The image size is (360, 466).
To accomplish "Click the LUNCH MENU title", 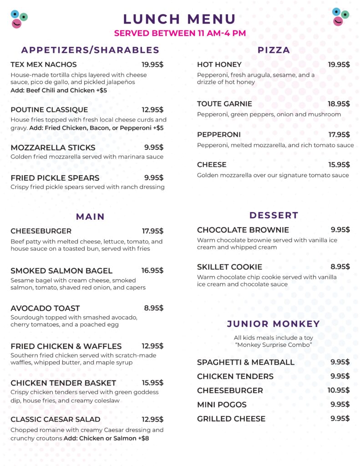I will click(180, 19).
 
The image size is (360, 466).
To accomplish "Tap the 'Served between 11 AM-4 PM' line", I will click(180, 33).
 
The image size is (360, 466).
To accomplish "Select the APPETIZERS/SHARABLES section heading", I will click(90, 50).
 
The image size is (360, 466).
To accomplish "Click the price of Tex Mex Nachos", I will click(152, 65).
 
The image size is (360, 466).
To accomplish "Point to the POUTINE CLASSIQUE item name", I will click(49, 110).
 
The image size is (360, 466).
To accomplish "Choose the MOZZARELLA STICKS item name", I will click(53, 147).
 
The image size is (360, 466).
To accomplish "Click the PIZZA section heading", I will click(274, 50).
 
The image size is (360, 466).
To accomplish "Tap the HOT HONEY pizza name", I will click(219, 65).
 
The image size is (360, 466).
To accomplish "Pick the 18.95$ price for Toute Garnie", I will click(339, 104).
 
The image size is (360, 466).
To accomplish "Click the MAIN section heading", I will click(90, 217).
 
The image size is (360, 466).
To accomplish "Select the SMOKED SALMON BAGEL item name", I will click(61, 271).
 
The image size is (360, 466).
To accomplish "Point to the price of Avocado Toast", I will click(153, 308).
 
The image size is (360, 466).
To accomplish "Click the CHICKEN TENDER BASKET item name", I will click(63, 383).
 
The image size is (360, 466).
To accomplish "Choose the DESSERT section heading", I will click(274, 215).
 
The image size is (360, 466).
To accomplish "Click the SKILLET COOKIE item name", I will click(229, 267).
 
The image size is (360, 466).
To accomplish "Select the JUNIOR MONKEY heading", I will click(274, 324).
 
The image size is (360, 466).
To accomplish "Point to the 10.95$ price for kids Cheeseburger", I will click(339, 390).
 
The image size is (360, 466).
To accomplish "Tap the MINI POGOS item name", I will click(222, 405).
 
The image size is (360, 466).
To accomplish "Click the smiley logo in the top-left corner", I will click(19, 19).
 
